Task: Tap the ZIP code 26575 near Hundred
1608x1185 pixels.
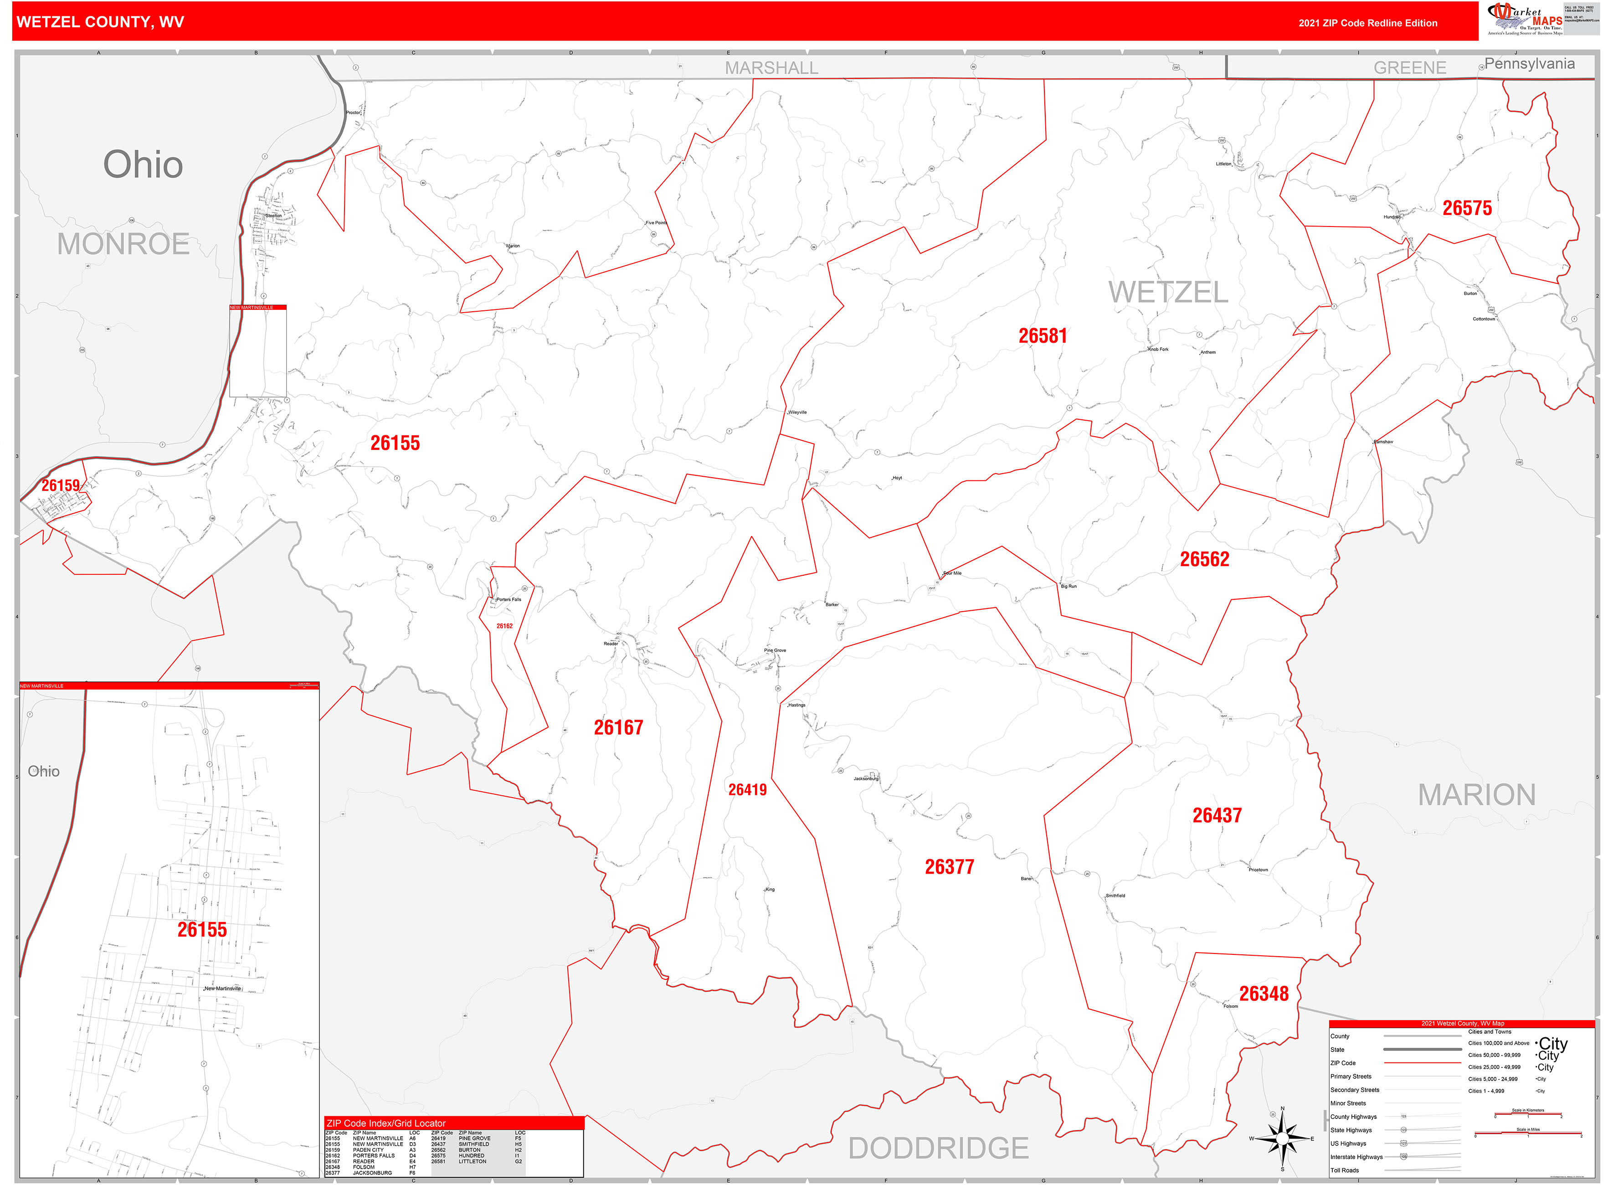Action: click(1467, 208)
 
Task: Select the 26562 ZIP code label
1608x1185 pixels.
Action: click(1204, 560)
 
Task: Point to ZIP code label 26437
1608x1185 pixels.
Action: click(1217, 815)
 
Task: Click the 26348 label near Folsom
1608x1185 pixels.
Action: click(1264, 994)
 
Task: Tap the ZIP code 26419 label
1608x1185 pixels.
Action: click(747, 790)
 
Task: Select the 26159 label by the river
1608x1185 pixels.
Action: click(60, 485)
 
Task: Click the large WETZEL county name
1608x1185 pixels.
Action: click(1168, 293)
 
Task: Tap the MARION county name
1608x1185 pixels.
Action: click(1476, 795)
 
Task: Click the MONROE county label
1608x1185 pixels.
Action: click(123, 245)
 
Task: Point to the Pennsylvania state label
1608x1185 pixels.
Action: click(1529, 64)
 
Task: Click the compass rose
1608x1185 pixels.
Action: click(1282, 1139)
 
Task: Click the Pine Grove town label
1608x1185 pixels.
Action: click(775, 650)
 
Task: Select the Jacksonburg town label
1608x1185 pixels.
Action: click(866, 778)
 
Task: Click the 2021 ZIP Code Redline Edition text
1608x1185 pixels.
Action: click(1368, 23)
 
